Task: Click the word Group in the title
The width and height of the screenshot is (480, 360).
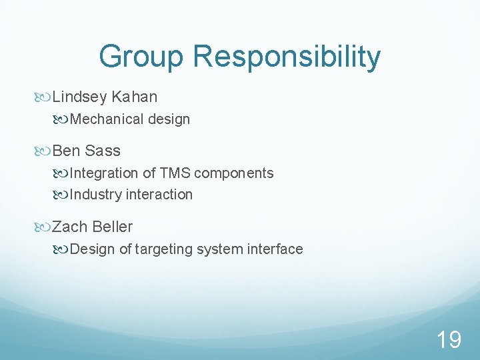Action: (141, 57)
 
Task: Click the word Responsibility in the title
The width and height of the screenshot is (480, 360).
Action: (287, 57)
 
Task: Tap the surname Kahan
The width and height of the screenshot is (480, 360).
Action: (135, 97)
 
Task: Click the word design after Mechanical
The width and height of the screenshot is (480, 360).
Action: (169, 119)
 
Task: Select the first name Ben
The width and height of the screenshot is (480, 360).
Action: (66, 151)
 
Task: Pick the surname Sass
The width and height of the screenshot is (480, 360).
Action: (103, 151)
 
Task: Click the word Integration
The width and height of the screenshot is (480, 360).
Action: (103, 173)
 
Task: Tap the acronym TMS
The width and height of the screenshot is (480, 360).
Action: (175, 173)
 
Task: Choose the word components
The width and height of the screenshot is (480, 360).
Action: (234, 173)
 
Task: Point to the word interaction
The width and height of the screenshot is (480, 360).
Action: (159, 195)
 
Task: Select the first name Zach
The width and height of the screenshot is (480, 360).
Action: (70, 227)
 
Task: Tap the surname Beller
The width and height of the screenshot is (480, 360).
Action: (113, 227)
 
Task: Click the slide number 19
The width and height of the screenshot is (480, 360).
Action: (449, 340)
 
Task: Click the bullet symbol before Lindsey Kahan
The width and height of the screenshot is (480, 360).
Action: (45, 98)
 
